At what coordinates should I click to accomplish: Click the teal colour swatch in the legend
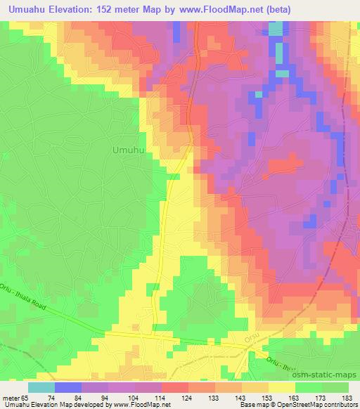click(41, 387)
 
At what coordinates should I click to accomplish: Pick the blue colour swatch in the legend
click(68, 387)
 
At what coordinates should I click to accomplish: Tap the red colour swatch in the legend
click(174, 387)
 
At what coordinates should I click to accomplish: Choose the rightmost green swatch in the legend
click(335, 387)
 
